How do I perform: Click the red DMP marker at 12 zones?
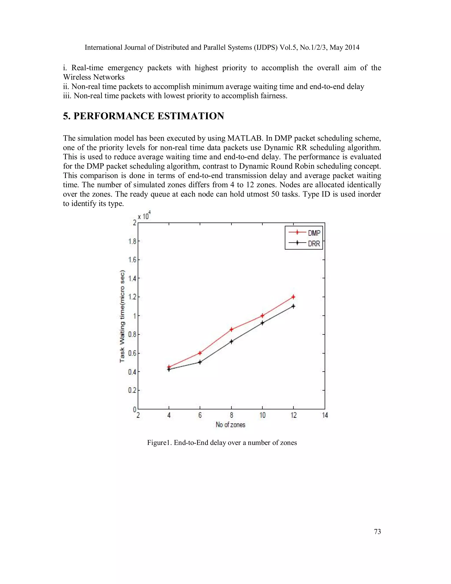(x=293, y=297)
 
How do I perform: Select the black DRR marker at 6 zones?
(x=200, y=362)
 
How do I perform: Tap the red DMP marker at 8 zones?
(x=231, y=329)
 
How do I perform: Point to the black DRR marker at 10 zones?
(x=262, y=323)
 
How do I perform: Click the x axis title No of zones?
(x=230, y=425)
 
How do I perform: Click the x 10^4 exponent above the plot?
(x=144, y=216)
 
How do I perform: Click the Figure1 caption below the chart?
(x=222, y=443)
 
